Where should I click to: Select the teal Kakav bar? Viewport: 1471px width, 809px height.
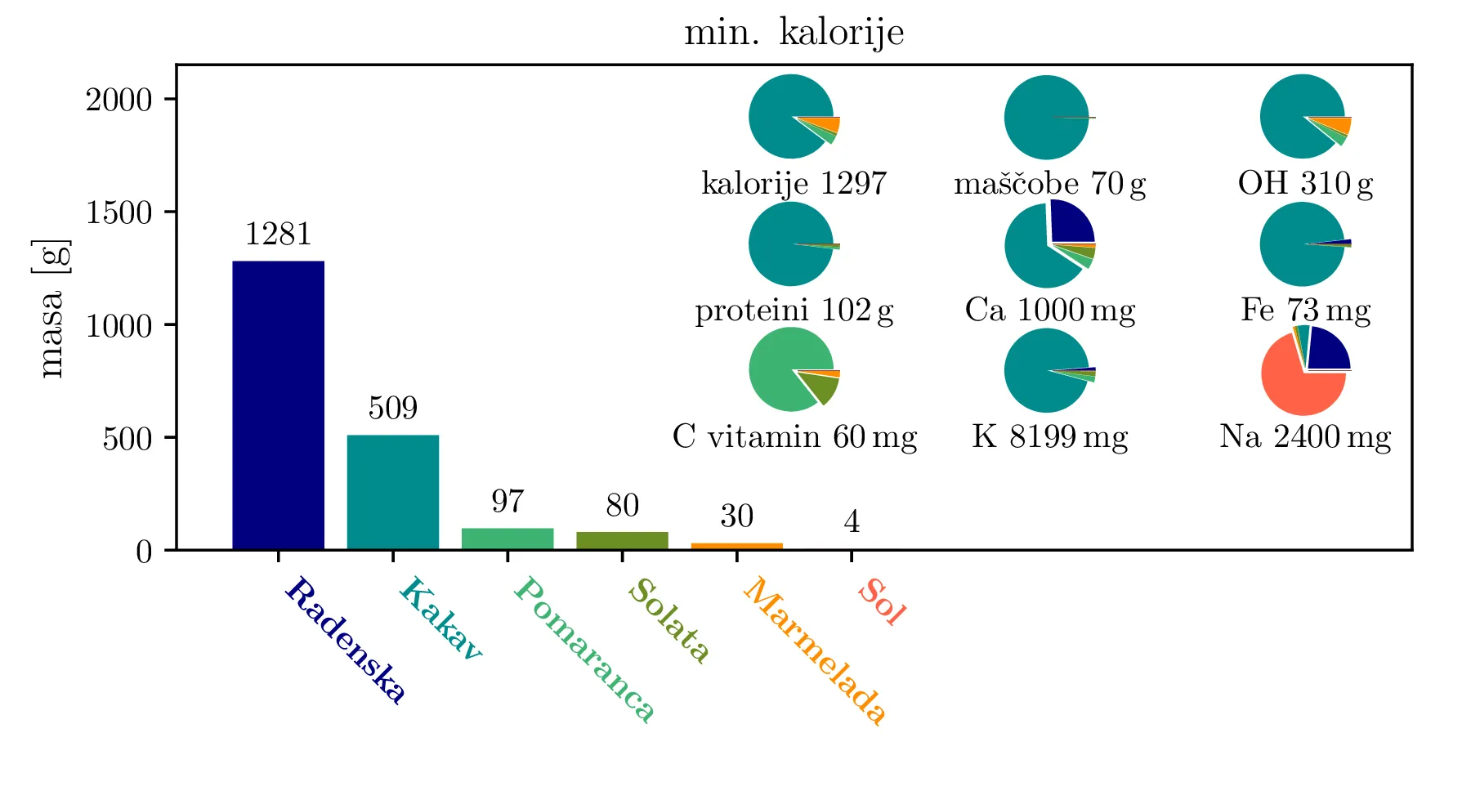tap(393, 492)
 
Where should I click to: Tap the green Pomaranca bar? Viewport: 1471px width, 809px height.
tap(507, 539)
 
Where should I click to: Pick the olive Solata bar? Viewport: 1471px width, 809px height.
tap(622, 540)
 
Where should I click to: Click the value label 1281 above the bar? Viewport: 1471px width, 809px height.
tap(278, 235)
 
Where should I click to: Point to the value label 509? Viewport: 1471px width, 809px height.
tap(393, 408)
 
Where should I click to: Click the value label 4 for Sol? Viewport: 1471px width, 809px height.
tap(852, 521)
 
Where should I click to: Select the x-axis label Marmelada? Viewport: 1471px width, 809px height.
tap(815, 650)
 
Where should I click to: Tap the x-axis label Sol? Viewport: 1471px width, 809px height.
tap(882, 602)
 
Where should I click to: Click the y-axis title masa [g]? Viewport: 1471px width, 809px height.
tap(51, 309)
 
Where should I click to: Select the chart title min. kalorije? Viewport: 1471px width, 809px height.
tap(794, 33)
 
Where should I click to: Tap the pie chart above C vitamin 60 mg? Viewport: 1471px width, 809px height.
tap(794, 369)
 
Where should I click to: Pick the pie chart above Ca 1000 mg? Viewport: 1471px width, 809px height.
tap(1049, 244)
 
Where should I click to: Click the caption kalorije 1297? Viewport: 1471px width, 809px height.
tap(794, 183)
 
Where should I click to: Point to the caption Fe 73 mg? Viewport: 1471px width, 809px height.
tap(1305, 310)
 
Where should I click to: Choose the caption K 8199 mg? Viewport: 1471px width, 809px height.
tap(1049, 436)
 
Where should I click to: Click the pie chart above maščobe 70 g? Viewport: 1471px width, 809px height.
tap(1048, 118)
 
